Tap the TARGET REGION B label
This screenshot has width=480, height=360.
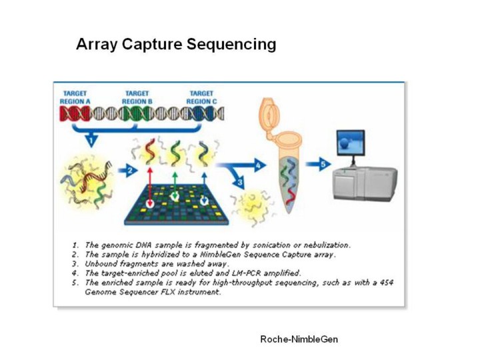click(x=137, y=97)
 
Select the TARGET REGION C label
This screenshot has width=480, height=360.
click(x=201, y=97)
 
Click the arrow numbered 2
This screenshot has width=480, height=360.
click(x=131, y=171)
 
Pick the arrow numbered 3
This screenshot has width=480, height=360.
click(x=241, y=180)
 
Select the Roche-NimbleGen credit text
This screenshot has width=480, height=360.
click(x=299, y=339)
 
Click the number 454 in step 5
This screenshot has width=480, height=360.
click(x=385, y=283)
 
